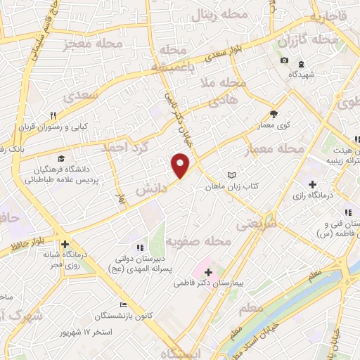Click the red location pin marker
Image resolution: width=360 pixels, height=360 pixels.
(x=181, y=165)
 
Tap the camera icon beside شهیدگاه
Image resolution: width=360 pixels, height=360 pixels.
(x=284, y=60)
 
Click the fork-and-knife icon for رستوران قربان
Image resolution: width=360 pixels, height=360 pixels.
(x=53, y=115)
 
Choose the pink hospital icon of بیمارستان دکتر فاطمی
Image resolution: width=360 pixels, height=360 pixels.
(x=209, y=272)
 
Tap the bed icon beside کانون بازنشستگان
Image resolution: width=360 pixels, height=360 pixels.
(x=123, y=305)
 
